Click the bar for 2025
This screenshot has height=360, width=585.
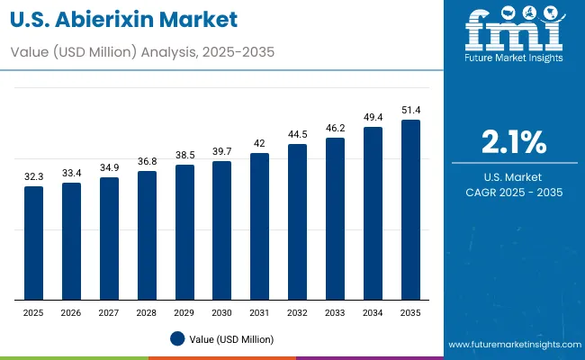33,243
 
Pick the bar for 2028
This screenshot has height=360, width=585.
147,236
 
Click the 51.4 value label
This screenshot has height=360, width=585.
410,110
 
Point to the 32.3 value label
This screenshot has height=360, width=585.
33,177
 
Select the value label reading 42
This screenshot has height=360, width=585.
260,144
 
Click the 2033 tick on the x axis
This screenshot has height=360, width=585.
335,312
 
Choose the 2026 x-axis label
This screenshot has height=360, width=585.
71,312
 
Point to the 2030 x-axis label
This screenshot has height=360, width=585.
222,312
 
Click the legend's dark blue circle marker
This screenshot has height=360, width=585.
177,338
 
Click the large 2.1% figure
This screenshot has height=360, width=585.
513,141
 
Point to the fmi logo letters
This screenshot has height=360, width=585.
513,31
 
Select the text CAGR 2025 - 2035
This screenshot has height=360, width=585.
513,193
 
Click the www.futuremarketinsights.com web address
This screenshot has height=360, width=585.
512,345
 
